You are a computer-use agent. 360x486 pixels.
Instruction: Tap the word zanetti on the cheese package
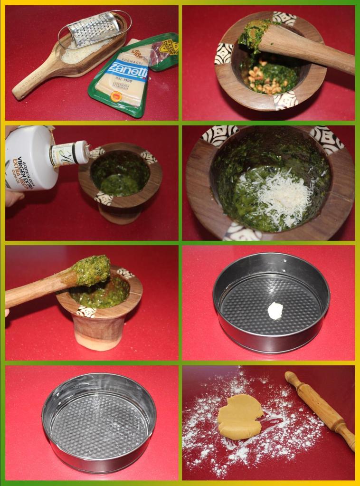coord(125,71)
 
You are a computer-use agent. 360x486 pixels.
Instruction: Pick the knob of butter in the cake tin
coord(275,310)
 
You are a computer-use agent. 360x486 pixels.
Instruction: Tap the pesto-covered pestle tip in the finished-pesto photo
coord(91,271)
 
